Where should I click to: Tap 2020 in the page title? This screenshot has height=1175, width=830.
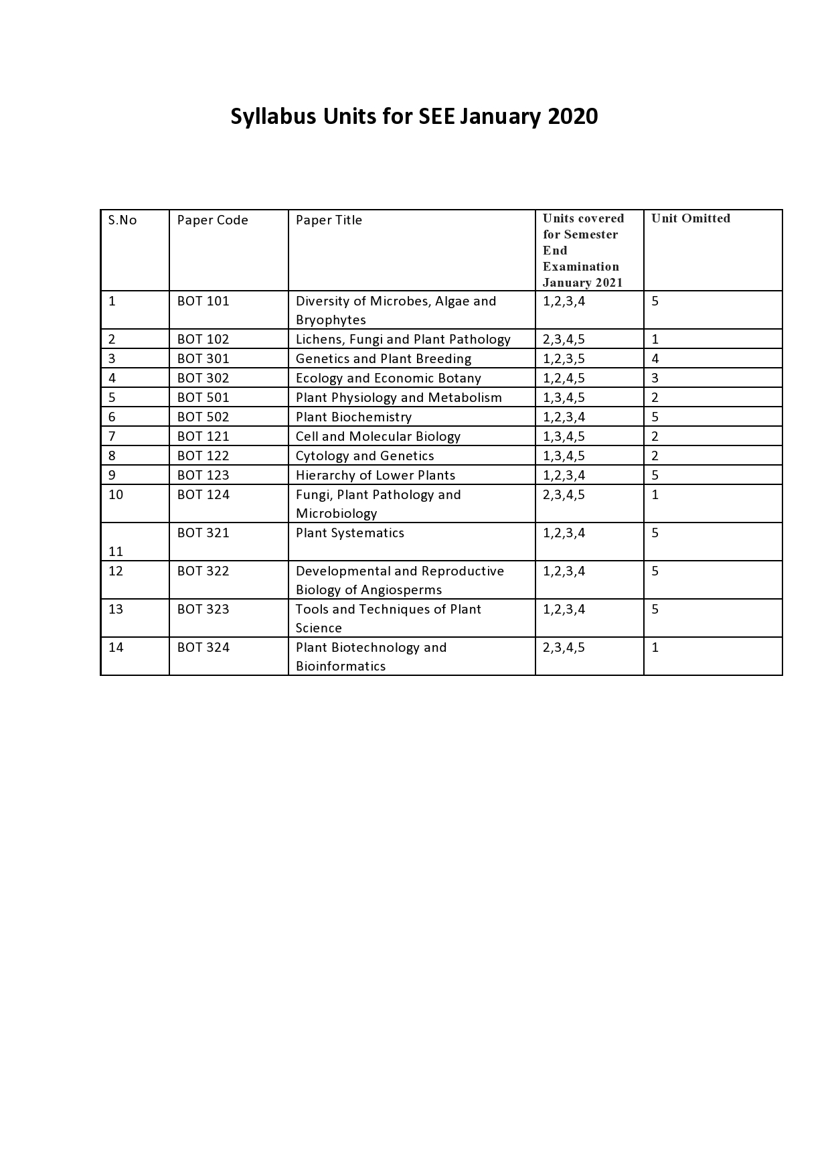pos(572,117)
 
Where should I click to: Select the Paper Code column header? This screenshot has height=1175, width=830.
pos(212,220)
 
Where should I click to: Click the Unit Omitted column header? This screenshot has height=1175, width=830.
pos(690,218)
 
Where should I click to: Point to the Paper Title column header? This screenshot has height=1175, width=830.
pos(329,220)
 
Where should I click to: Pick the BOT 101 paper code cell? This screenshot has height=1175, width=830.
pos(203,301)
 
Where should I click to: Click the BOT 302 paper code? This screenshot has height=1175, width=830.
pos(203,378)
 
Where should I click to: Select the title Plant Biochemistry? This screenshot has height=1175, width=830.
pos(353,417)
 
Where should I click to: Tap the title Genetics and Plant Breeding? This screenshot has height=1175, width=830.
pos(383,359)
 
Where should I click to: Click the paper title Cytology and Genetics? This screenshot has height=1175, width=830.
pos(365,456)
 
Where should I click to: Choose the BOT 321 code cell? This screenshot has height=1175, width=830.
pos(203,533)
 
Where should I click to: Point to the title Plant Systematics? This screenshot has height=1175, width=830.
pos(349,533)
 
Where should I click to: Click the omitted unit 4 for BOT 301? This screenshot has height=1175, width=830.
pos(655,359)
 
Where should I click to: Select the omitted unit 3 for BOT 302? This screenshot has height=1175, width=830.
pos(655,378)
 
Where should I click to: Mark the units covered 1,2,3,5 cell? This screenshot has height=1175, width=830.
pos(564,359)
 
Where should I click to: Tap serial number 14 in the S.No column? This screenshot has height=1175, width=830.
pos(116,648)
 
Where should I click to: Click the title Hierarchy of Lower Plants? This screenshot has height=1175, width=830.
pos(375,476)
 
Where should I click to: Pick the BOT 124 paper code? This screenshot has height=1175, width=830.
pos(203,495)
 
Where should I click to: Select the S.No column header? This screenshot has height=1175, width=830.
pos(122,220)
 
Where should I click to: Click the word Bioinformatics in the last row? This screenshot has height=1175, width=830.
pos(340,667)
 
